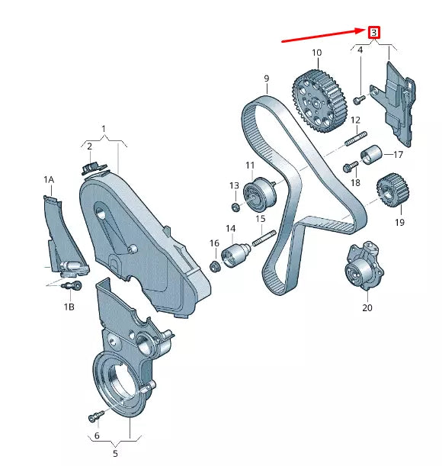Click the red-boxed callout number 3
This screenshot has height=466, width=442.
point(373,32)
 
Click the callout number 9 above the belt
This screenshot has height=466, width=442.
point(267,79)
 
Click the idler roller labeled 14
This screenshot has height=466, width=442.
point(232,253)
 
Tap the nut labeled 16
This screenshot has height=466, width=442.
point(216,266)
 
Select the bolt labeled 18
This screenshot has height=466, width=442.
point(349,168)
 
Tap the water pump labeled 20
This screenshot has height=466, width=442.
point(363,268)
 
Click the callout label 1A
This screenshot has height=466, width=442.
point(49,180)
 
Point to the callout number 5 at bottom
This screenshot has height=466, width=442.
point(115,453)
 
